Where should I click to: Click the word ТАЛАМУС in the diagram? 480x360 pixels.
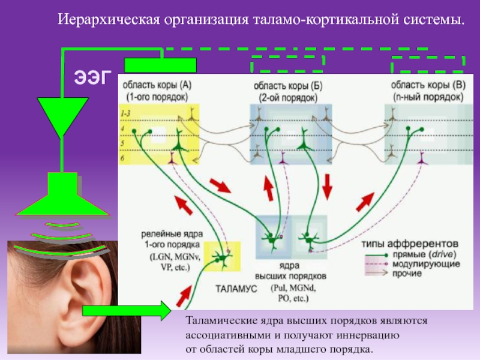tap(235, 289)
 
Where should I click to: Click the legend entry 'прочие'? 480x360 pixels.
tap(409, 274)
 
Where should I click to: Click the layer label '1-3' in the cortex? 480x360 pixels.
tap(126, 113)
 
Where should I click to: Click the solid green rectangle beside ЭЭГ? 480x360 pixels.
tap(160, 64)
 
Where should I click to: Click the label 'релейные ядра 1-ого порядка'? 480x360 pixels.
tap(172, 238)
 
